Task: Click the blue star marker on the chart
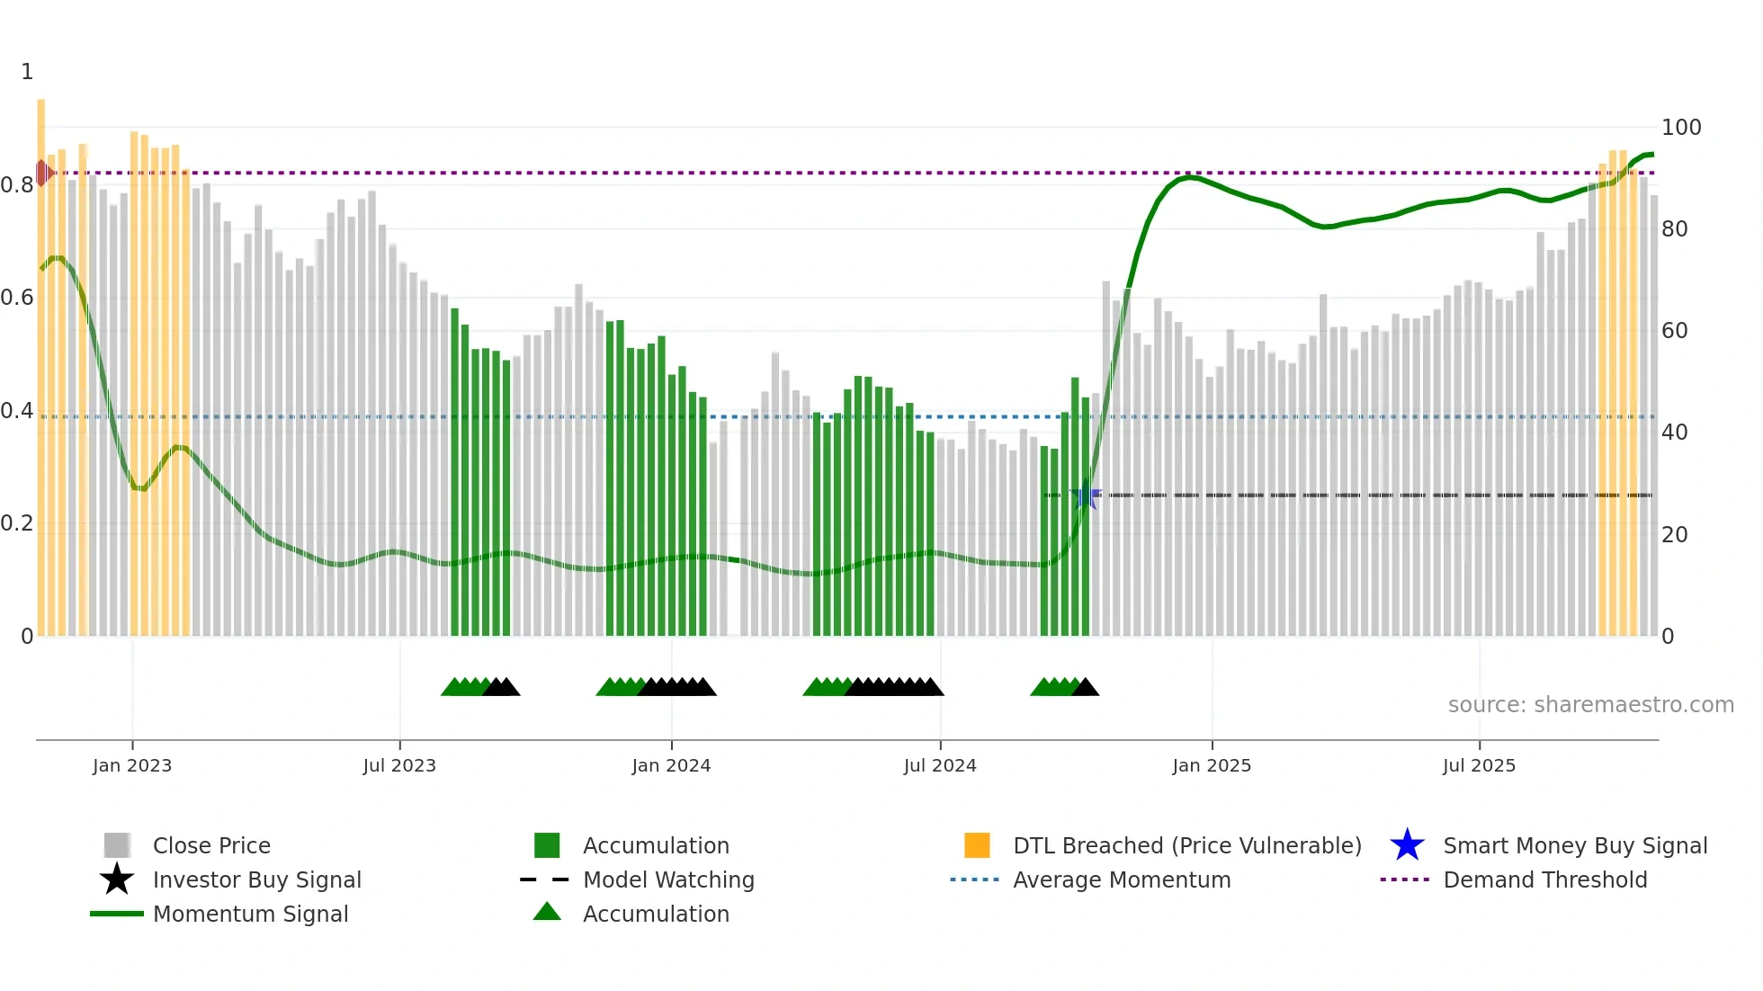[1086, 495]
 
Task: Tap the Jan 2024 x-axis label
[671, 765]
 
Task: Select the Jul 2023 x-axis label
[399, 765]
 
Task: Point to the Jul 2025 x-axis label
[1479, 765]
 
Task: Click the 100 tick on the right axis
[1680, 128]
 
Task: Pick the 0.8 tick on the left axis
[17, 185]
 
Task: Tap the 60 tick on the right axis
[1675, 331]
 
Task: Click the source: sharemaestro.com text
[1590, 705]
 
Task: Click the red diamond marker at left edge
[42, 173]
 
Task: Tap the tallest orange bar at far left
[41, 360]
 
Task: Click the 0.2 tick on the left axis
[17, 523]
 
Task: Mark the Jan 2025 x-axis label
[1212, 765]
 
